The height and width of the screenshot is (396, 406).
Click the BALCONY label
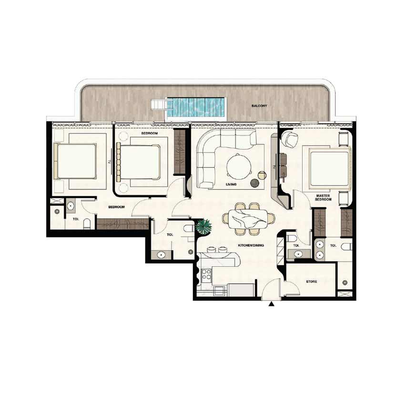coord(259,106)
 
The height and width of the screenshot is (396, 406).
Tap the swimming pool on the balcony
coord(195,108)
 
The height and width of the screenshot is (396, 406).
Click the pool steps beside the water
coord(158,105)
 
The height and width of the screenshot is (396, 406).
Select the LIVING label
coord(231,184)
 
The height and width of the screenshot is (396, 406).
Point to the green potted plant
coord(203,226)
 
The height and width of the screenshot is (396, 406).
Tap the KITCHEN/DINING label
coord(251,245)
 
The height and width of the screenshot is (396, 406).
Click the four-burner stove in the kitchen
coord(207,274)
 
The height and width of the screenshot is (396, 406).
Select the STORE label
coord(312,282)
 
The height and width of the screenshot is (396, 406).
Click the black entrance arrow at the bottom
coord(271,305)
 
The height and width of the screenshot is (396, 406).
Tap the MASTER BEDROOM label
coord(323,198)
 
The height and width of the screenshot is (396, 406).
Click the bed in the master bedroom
coord(329,168)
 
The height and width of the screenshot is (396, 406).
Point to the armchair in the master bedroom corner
coord(289,138)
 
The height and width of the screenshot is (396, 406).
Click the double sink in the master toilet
coord(320,250)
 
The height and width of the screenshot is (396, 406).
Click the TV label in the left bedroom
coord(109,162)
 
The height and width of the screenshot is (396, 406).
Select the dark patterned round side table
coord(254,183)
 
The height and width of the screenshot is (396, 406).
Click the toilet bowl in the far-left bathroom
coord(87,224)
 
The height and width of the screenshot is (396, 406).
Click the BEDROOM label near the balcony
coord(150,133)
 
